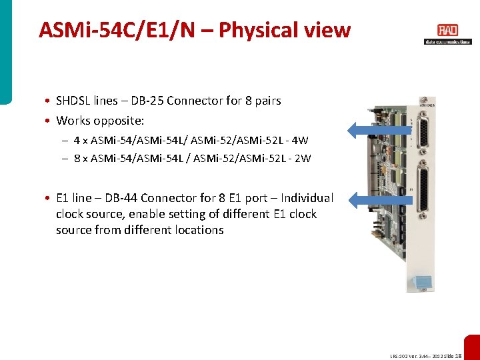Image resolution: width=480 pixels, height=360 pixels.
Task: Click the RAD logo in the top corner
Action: [x=447, y=31]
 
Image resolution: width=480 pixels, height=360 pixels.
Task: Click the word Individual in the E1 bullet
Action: [x=307, y=198]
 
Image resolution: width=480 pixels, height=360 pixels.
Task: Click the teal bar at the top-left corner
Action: [x=5, y=51]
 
